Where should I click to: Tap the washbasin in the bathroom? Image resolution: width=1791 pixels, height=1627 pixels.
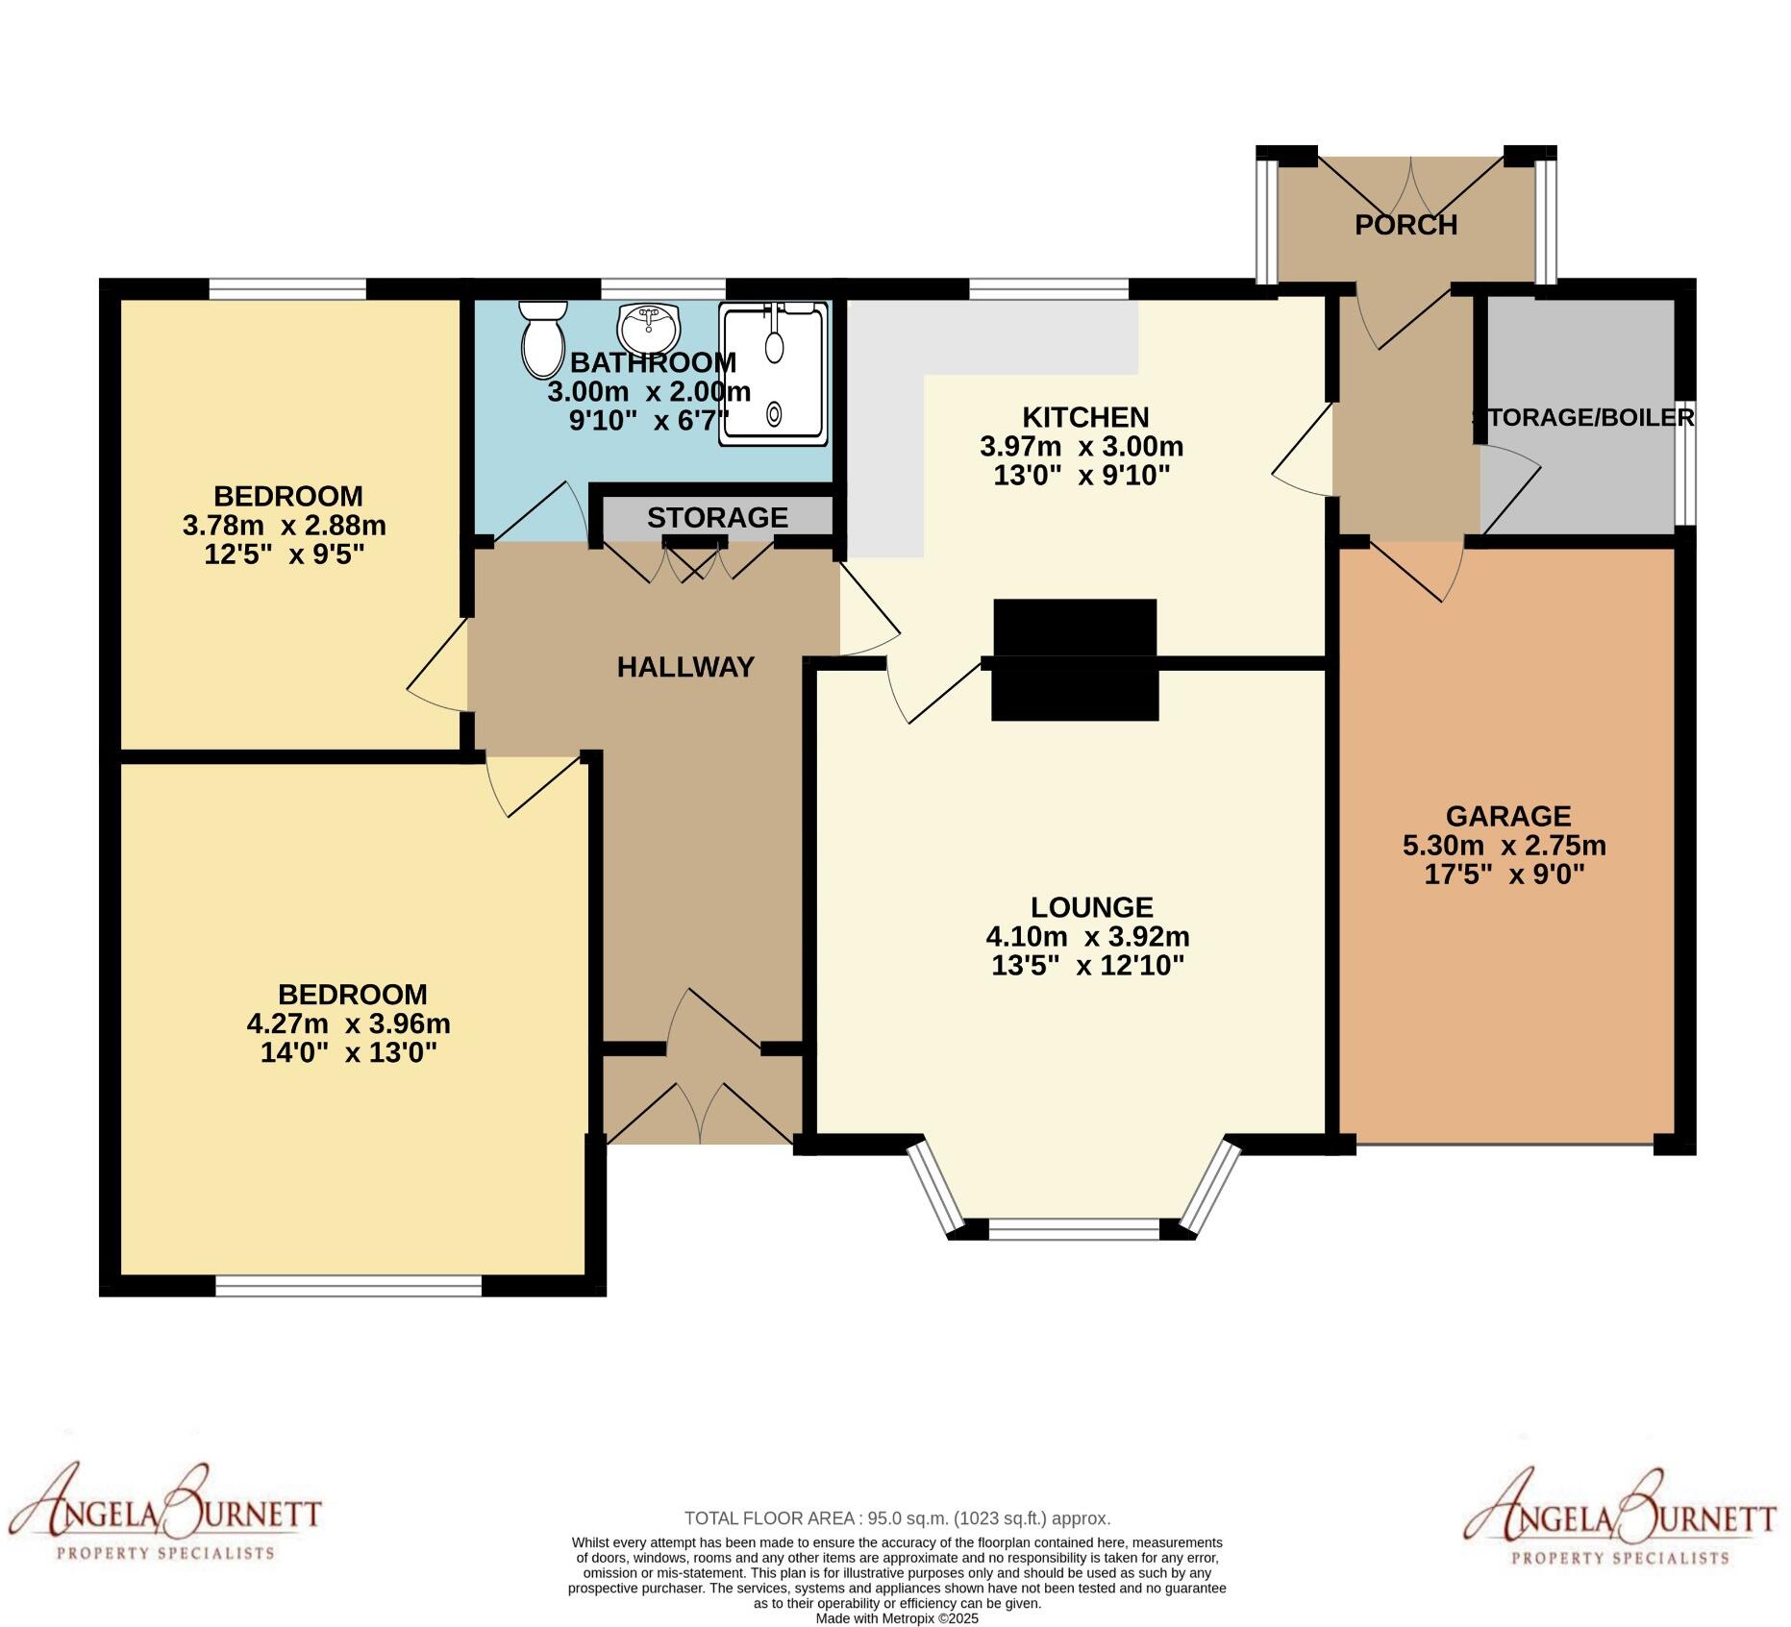[x=649, y=330]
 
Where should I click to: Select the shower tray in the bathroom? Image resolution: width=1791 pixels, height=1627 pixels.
[x=774, y=373]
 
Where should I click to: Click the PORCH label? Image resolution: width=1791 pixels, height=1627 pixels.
[x=1405, y=225]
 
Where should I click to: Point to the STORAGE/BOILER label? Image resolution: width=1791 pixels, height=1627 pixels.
[x=1582, y=417]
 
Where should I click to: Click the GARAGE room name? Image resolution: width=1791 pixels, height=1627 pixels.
[x=1507, y=816]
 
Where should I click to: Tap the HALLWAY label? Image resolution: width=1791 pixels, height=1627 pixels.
[x=685, y=667]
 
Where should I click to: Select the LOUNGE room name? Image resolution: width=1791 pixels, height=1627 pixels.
[x=1091, y=907]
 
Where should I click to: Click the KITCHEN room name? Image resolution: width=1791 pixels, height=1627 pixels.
[x=1084, y=417]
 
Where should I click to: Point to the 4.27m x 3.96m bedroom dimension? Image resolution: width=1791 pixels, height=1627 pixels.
[x=348, y=1023]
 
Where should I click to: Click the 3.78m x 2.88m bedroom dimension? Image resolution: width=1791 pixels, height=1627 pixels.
[x=284, y=526]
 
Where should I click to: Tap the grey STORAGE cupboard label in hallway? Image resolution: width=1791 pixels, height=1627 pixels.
[x=717, y=517]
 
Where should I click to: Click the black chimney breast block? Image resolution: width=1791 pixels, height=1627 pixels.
[x=1075, y=660]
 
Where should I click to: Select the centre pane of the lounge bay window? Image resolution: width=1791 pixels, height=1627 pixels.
[x=1074, y=1229]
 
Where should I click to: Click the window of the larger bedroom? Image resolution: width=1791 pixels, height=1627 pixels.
[x=348, y=1286]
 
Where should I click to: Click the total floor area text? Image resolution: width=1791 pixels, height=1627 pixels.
[x=896, y=1519]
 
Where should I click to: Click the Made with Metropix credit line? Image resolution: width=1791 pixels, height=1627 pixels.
[x=896, y=1618]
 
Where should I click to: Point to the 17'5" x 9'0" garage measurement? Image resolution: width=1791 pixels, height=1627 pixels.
[x=1504, y=875]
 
